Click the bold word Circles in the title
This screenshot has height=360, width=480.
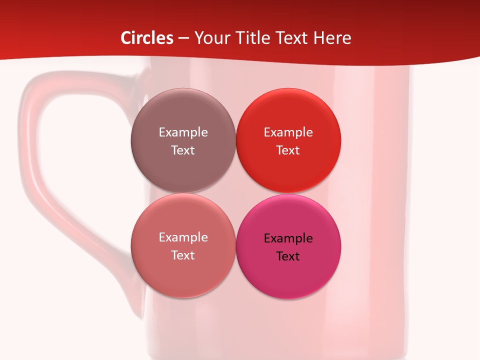point(147,38)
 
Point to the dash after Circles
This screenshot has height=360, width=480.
point(183,38)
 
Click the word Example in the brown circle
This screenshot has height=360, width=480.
point(183,132)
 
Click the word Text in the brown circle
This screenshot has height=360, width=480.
point(183,150)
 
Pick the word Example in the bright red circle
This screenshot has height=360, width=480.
point(288,132)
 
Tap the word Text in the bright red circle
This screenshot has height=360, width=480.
point(288,150)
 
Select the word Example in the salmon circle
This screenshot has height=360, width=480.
point(183,237)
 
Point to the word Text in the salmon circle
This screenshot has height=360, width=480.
point(183,255)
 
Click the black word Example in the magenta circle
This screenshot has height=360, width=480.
point(288,238)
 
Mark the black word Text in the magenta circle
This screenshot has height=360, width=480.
point(288,256)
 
